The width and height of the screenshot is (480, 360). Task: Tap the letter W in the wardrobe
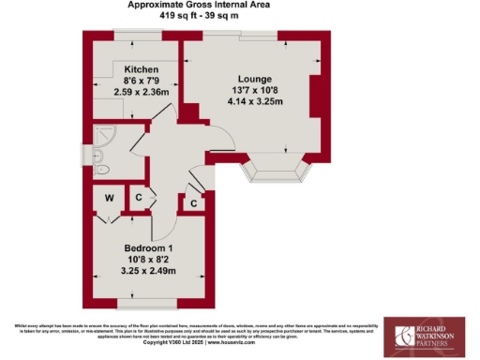pos(109,198)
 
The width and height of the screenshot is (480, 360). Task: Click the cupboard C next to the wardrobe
pos(138,198)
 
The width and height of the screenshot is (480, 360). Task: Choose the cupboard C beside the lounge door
pos(193,202)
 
